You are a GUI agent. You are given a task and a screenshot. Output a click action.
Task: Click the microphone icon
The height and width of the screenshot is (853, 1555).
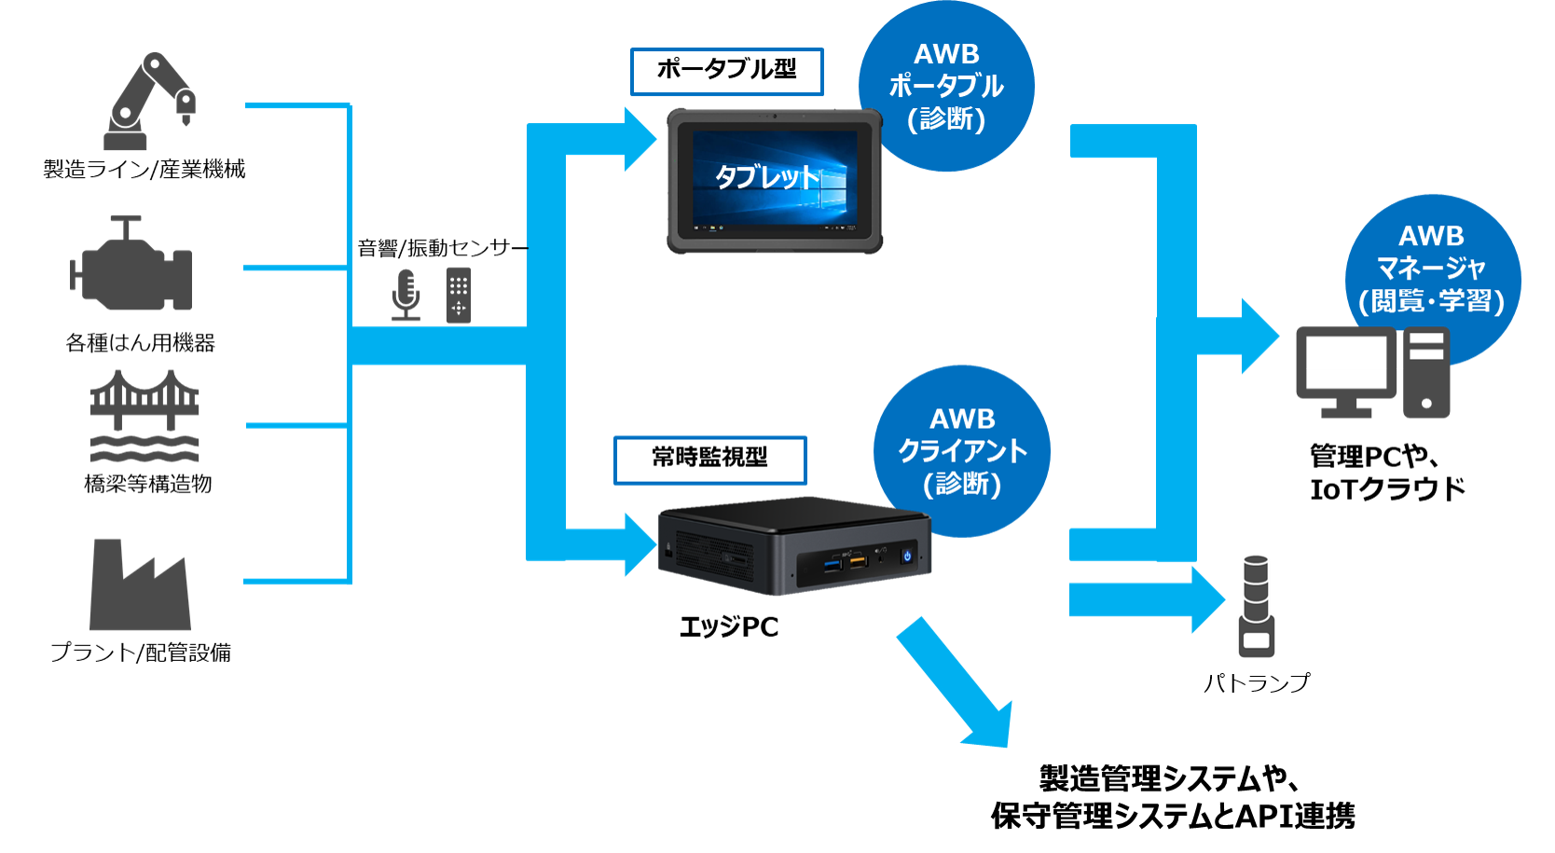click(x=406, y=295)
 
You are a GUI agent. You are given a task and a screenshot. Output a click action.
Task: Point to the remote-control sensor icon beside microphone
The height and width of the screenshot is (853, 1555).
click(x=459, y=296)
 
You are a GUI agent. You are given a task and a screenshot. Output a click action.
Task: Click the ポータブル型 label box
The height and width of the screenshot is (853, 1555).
click(x=727, y=71)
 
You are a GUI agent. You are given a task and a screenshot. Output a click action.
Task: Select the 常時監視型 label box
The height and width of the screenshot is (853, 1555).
click(x=710, y=460)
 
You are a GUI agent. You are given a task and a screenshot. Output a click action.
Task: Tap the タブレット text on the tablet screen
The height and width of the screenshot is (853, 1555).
click(x=766, y=176)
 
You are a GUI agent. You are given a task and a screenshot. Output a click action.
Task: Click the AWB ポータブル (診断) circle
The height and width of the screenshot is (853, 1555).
click(x=946, y=86)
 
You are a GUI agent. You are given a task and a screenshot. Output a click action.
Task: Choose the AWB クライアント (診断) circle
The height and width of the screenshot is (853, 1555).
click(x=962, y=451)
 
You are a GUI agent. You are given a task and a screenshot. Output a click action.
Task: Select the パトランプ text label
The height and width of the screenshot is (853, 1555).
click(x=1258, y=684)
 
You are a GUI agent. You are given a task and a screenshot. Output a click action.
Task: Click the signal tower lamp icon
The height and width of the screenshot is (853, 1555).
click(x=1257, y=607)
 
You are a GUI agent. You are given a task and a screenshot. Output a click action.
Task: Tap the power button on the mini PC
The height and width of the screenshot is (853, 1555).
click(x=907, y=557)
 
